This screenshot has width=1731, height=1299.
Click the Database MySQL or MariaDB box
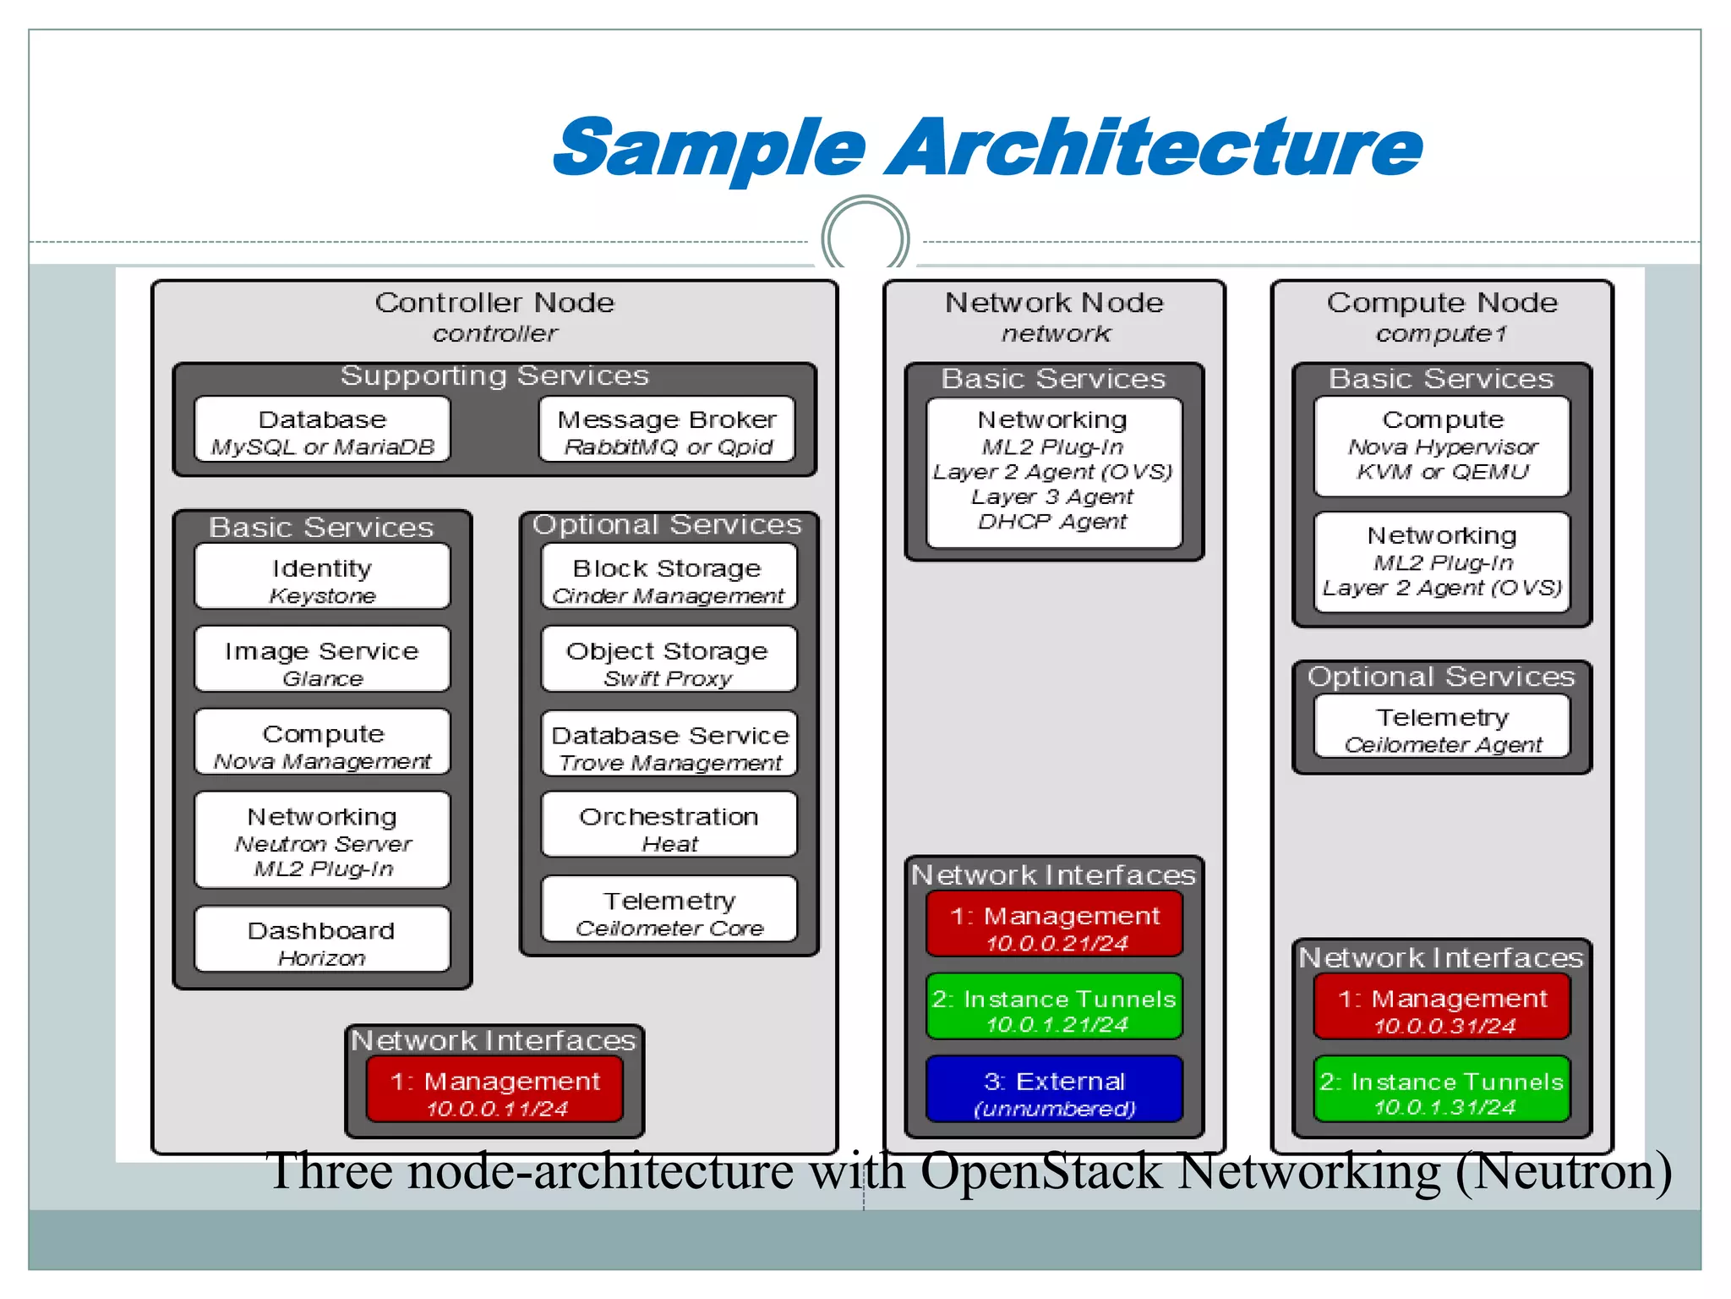pyautogui.click(x=322, y=430)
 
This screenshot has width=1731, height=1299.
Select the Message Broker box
pyautogui.click(x=667, y=430)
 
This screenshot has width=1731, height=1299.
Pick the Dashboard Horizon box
pyautogui.click(x=322, y=940)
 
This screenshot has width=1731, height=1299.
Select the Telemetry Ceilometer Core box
pyautogui.click(x=669, y=910)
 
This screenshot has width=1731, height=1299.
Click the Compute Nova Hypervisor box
pyautogui.click(x=1442, y=446)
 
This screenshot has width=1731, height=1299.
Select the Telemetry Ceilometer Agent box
pyautogui.click(x=1442, y=727)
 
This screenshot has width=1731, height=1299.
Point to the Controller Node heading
pyautogui.click(x=494, y=302)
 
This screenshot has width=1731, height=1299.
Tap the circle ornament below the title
pyautogui.click(x=865, y=238)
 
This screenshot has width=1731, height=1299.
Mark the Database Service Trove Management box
pyautogui.click(x=669, y=744)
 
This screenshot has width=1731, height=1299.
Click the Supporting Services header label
pyautogui.click(x=494, y=375)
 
